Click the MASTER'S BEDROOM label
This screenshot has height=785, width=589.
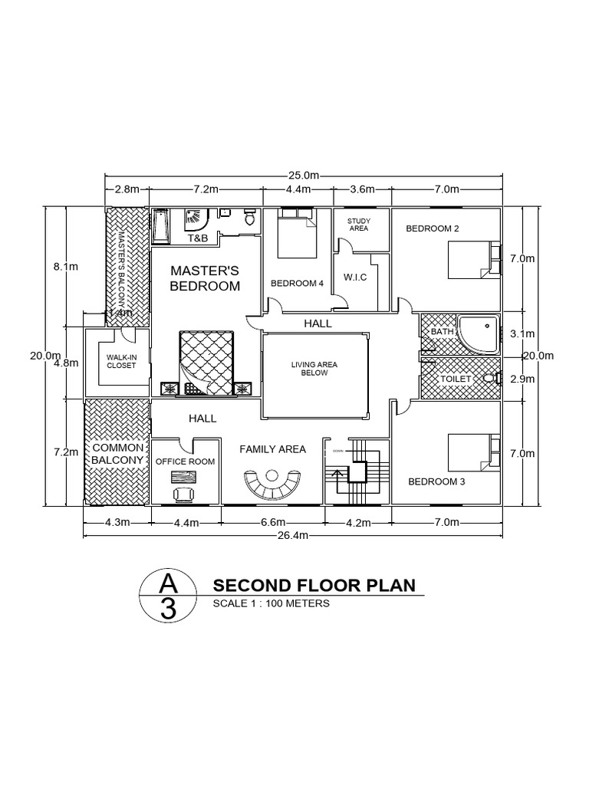click(205, 278)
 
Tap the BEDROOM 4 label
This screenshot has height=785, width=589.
click(297, 284)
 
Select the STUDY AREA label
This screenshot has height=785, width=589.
click(359, 224)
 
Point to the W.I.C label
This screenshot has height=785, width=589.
click(357, 277)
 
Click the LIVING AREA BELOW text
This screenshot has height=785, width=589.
click(314, 369)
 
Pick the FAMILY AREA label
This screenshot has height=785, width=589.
click(272, 449)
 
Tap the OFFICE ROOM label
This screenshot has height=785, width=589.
click(185, 461)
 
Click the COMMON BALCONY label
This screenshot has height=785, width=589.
click(118, 453)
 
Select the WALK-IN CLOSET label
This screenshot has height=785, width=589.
click(120, 361)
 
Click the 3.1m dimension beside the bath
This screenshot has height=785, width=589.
click(521, 333)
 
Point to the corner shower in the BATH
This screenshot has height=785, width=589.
click(476, 334)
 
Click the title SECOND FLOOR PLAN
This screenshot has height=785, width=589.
click(314, 586)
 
